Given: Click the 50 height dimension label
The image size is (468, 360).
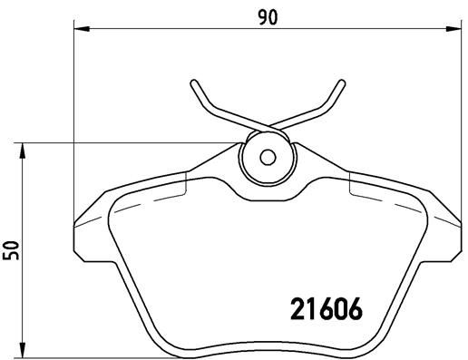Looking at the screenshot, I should pos(11,249).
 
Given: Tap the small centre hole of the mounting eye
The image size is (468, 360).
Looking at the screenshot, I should pos(267,156).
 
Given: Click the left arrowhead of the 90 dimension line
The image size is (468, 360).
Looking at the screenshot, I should pos(77,31).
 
